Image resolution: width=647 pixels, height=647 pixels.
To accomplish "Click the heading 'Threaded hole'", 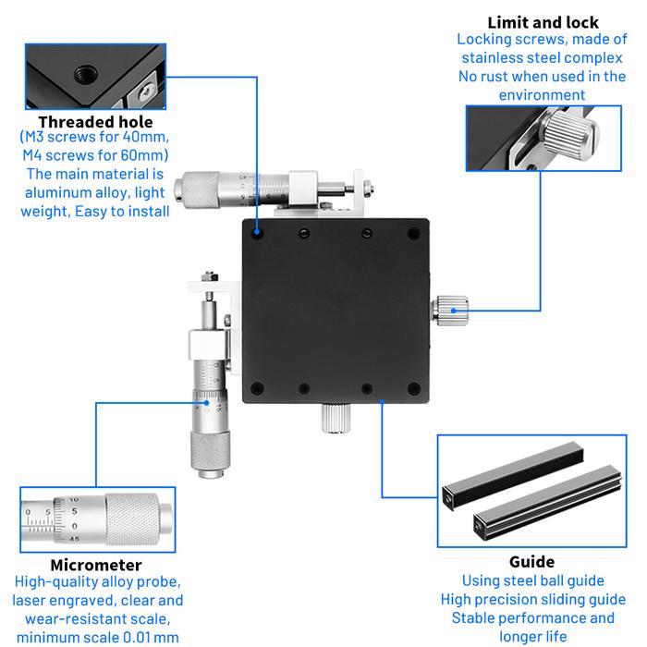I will tap(95, 121).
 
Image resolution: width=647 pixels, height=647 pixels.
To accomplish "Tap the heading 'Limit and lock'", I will tap(543, 22).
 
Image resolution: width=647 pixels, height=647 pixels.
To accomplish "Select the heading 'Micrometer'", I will tap(96, 565).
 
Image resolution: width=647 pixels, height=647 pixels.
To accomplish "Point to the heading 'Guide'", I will tap(531, 561).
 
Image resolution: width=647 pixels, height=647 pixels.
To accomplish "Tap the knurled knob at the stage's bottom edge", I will tap(334, 420).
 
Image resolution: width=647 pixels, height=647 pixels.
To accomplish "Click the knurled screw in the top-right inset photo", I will tap(568, 137).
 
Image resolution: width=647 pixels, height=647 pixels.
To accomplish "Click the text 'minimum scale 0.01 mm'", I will tap(97, 636).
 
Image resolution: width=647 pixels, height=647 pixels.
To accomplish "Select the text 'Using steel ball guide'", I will tap(532, 580).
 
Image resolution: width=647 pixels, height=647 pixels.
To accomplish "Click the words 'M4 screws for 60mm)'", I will tap(95, 154).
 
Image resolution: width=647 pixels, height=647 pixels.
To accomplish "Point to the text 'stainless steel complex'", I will tap(543, 57).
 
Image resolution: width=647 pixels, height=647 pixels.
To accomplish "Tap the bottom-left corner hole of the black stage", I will tap(259, 387).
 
